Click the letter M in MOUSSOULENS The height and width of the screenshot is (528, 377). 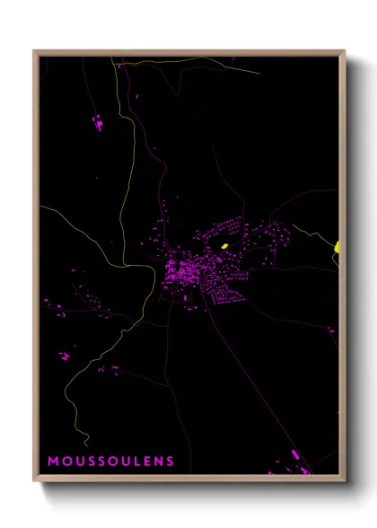tap(52, 462)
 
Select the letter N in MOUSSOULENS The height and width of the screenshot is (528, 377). tap(155, 462)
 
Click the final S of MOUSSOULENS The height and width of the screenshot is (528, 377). tap(168, 462)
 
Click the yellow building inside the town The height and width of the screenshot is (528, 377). tap(224, 243)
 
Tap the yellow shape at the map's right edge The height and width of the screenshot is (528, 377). tap(338, 247)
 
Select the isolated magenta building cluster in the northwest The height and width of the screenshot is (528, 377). tap(98, 122)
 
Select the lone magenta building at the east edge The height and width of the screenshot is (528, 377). tap(330, 330)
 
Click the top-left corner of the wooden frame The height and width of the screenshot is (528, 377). tap(35, 51)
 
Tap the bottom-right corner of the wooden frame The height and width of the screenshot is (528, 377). tap(345, 480)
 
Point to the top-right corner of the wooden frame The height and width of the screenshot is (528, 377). tap(345, 51)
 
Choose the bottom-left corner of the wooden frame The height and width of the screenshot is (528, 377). tap(35, 480)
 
